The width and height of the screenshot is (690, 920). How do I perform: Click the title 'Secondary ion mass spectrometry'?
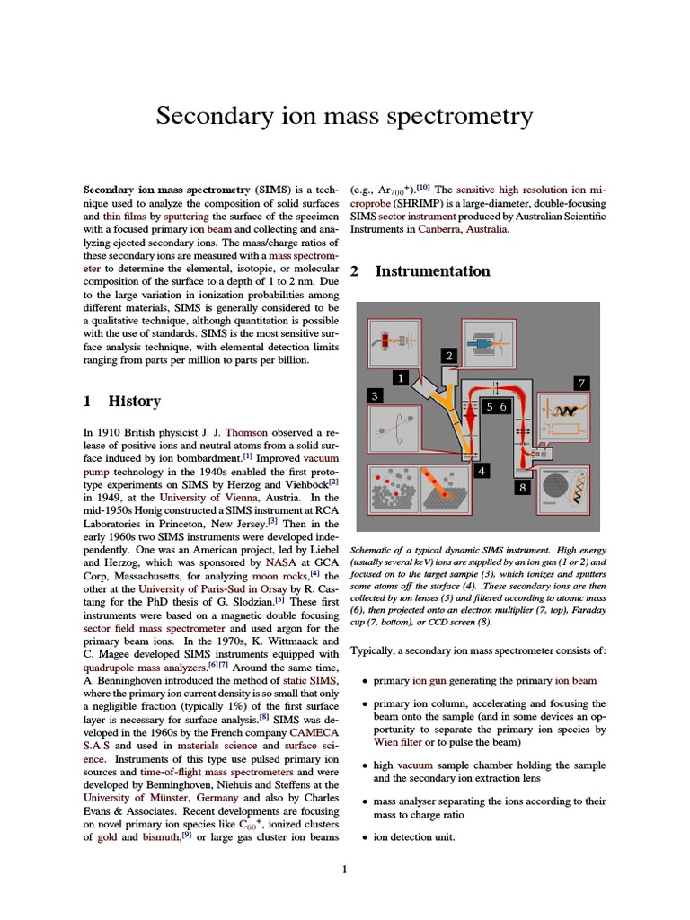(344, 117)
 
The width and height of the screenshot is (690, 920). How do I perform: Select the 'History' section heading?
(134, 402)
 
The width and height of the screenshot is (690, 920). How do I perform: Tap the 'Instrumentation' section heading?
(432, 271)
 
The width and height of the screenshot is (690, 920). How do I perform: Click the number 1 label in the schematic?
(400, 377)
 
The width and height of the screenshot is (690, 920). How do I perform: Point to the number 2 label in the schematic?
(448, 356)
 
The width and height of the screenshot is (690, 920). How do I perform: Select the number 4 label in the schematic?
(482, 471)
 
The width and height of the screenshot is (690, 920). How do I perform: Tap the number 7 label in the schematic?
(581, 383)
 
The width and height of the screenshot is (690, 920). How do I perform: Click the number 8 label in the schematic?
(523, 488)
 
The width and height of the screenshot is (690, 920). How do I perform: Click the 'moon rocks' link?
(278, 575)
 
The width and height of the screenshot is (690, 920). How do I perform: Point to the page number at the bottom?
(344, 869)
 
